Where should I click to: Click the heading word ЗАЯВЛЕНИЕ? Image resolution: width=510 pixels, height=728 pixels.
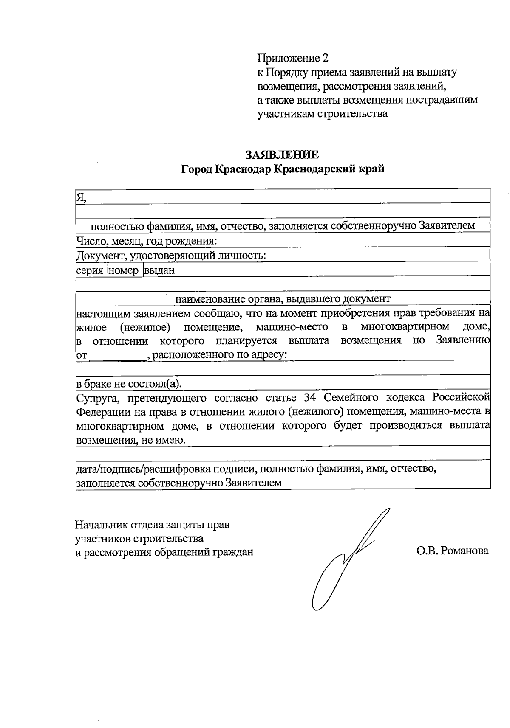point(283,154)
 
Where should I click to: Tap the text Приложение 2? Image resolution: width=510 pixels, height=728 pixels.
point(293,58)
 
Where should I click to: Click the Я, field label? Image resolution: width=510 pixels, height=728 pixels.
point(81,197)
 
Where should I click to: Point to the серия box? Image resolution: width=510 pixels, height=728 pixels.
point(90,270)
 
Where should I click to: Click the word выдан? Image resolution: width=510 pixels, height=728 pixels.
point(159,270)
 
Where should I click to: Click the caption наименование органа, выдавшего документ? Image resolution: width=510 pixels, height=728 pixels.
point(283,299)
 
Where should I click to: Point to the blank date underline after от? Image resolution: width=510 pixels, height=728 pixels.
point(118,355)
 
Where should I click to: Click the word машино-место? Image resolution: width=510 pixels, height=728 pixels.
point(292,327)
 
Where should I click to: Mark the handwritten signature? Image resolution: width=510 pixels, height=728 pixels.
point(344,560)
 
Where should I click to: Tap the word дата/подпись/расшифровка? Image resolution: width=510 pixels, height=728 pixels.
point(143,469)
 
